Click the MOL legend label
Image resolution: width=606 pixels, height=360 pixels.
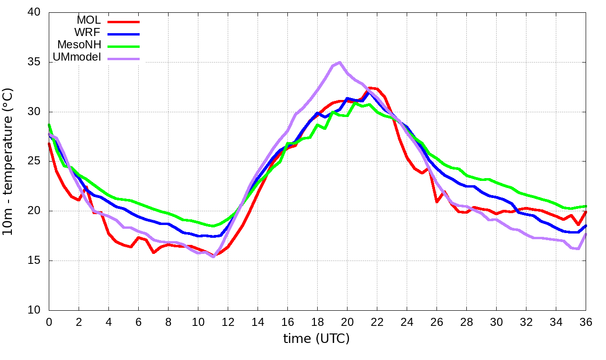point(89,20)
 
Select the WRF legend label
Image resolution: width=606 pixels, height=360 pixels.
point(88,33)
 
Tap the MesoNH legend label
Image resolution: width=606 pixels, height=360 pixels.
point(79,45)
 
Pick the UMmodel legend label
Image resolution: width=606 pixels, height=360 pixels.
point(77,57)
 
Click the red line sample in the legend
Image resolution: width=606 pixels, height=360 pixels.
point(124,22)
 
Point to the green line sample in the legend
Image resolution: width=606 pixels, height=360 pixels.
point(124,46)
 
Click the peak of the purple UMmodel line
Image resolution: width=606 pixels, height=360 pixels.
point(339,63)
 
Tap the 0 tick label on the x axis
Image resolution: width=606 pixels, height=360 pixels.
point(49,322)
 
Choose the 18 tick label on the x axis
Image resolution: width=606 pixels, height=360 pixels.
point(317,322)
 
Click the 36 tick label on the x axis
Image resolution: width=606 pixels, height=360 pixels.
point(586,322)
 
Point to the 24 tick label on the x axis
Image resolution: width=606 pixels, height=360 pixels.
point(407,322)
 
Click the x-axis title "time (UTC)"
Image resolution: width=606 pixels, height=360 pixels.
point(316,339)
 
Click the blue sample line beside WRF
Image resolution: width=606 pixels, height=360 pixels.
point(124,34)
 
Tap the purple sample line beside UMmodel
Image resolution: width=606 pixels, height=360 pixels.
point(124,59)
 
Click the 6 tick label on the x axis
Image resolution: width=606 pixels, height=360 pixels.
point(138,322)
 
